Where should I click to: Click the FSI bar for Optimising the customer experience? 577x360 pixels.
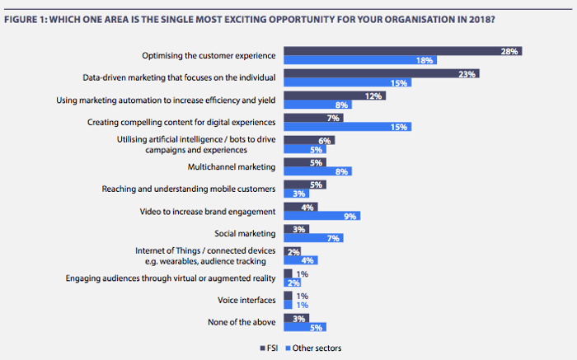click(402, 51)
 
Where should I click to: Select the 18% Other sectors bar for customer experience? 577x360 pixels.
click(359, 61)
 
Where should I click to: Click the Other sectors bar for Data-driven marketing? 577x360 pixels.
click(347, 83)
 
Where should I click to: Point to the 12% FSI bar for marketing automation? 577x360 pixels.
click(335, 96)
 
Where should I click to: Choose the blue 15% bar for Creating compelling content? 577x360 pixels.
click(347, 127)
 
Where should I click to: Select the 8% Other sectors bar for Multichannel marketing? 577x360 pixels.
click(317, 171)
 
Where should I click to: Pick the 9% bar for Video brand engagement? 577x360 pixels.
click(321, 216)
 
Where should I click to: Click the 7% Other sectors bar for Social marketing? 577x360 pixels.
click(313, 238)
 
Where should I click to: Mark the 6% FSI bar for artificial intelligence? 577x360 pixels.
click(309, 140)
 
